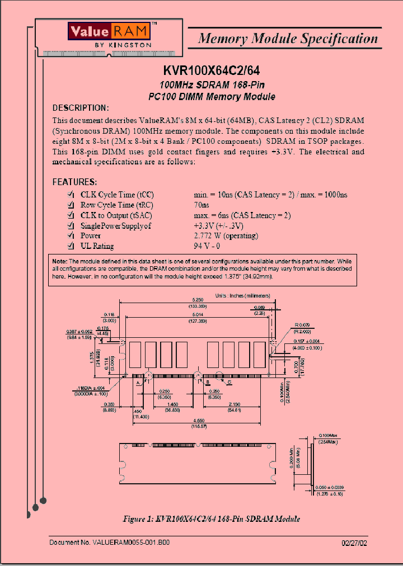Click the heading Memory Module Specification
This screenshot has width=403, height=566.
click(x=288, y=39)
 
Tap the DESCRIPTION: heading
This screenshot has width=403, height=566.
click(x=80, y=108)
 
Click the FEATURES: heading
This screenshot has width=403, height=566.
click(x=74, y=182)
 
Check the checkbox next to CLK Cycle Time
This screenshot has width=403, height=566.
click(x=71, y=194)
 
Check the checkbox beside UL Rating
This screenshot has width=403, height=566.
click(x=71, y=246)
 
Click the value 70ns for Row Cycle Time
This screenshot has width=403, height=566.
click(x=201, y=205)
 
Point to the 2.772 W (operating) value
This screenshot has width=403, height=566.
click(x=226, y=235)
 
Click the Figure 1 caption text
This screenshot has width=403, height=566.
click(x=211, y=518)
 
